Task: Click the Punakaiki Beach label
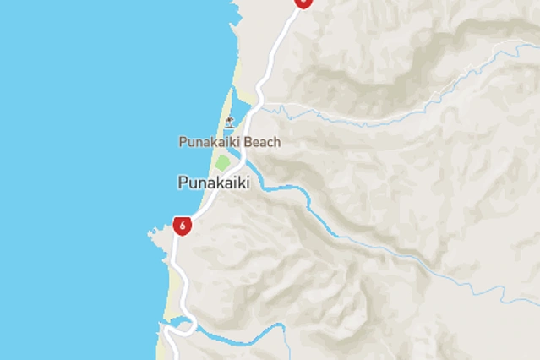point(229,142)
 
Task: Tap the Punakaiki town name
point(214,182)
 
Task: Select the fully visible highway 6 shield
point(182,226)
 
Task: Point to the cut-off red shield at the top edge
point(303,3)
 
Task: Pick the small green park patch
point(222,162)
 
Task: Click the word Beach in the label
point(262,142)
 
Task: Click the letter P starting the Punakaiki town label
point(183,182)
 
